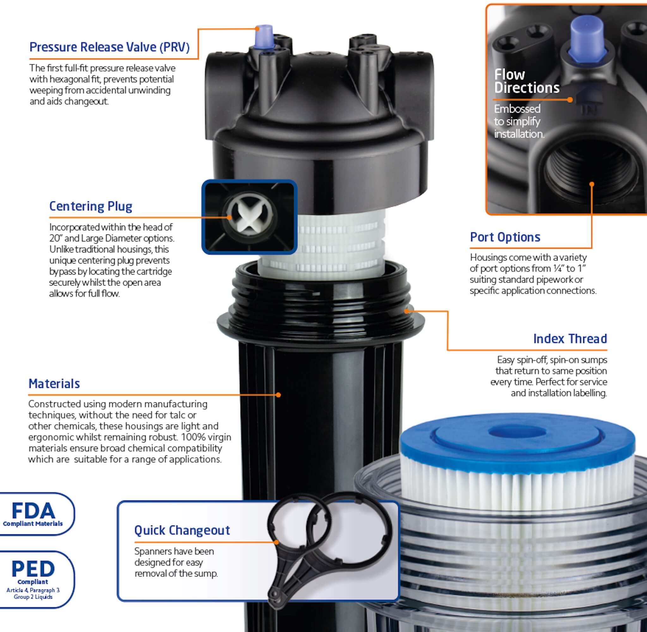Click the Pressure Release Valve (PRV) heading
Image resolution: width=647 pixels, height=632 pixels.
pos(109,47)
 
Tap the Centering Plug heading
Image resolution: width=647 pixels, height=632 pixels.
pos(91,206)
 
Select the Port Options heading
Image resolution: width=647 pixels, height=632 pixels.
pos(505,237)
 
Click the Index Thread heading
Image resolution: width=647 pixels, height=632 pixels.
pos(570,339)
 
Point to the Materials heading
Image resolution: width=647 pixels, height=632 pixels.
pos(54,384)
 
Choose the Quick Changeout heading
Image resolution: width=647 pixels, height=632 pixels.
pos(182,531)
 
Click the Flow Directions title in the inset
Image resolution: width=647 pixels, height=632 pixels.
pos(526,81)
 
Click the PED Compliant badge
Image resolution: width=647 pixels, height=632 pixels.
pos(33,580)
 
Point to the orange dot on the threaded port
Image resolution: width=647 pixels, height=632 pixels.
pos(592,184)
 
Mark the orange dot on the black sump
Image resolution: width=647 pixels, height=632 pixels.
pos(278,395)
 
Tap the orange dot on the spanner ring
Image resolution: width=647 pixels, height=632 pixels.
pos(277,542)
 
